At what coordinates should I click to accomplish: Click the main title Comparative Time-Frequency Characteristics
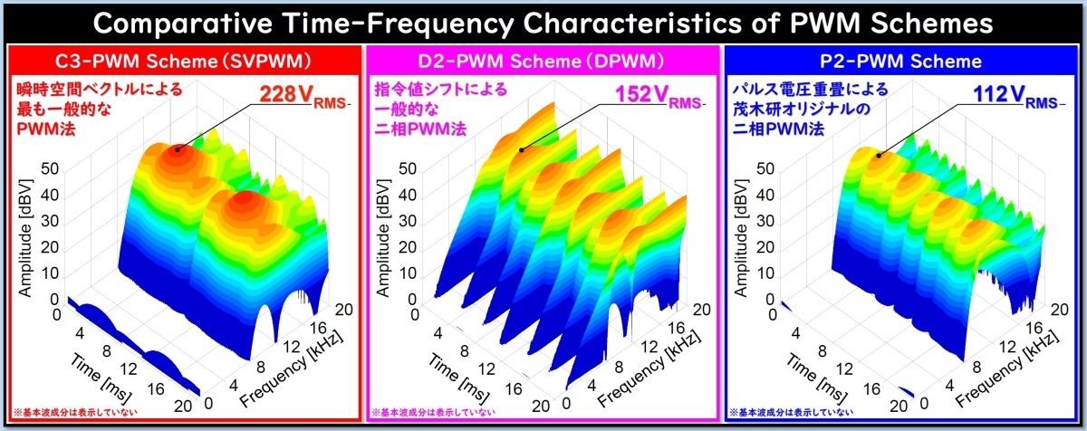click(543, 22)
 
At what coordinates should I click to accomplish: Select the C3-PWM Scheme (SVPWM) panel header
click(183, 62)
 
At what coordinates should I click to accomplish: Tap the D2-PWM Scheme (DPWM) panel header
click(542, 62)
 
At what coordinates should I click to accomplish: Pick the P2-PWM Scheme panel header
click(901, 62)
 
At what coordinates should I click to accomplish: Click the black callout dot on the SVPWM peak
click(178, 148)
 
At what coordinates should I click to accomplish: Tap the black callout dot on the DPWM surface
click(521, 149)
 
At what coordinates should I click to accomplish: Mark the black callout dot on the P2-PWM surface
click(878, 155)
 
